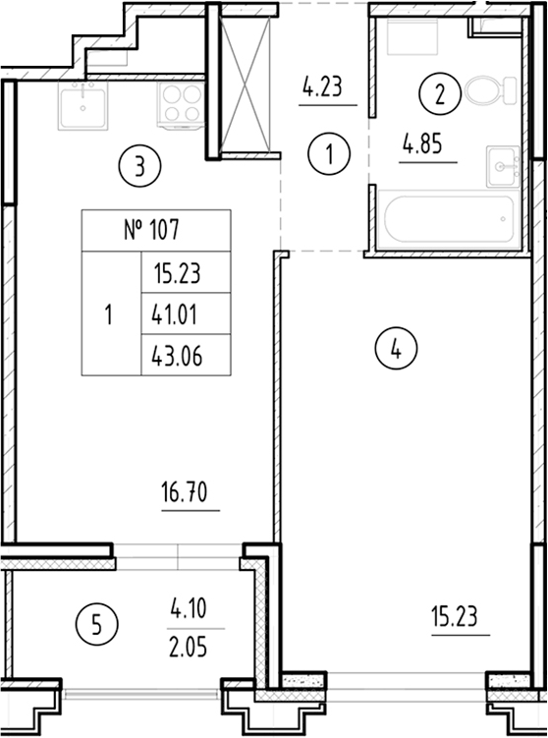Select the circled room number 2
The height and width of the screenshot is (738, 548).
click(440, 95)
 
